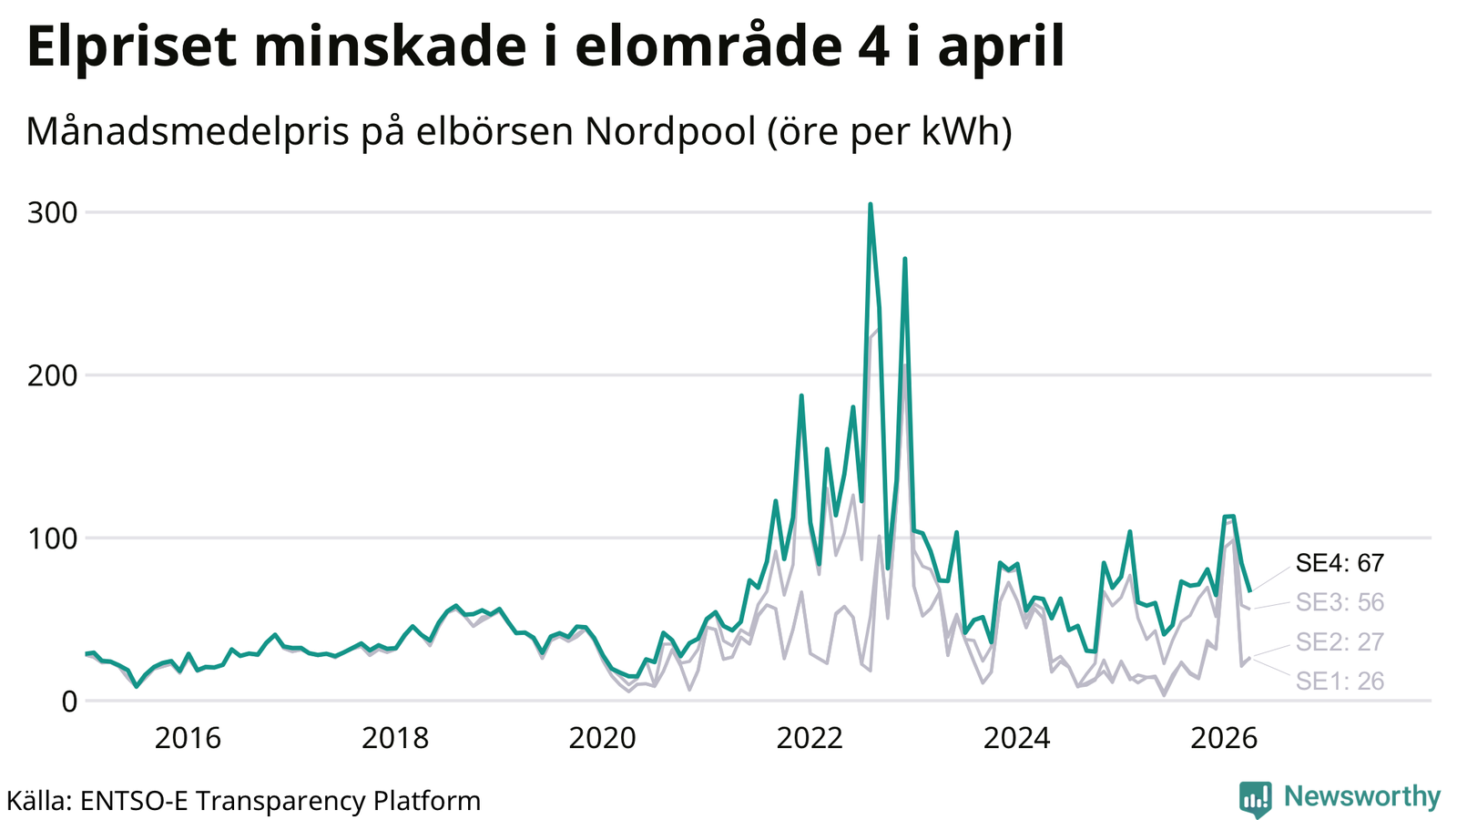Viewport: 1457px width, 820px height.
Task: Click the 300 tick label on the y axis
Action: click(x=52, y=213)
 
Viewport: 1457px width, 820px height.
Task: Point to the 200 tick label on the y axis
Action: click(x=52, y=375)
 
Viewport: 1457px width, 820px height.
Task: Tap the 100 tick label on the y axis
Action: click(x=52, y=538)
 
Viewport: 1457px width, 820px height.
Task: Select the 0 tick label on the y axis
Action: click(x=69, y=702)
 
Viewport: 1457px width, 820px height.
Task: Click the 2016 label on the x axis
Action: click(x=188, y=739)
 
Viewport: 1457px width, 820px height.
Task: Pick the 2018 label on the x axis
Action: click(x=395, y=739)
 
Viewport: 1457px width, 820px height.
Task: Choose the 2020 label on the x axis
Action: click(x=602, y=739)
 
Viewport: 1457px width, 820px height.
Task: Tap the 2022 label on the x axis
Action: click(x=810, y=739)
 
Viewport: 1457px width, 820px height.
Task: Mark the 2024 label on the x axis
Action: click(x=1016, y=739)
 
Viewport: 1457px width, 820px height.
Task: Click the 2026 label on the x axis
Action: click(x=1224, y=739)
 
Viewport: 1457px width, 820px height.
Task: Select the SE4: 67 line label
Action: click(x=1340, y=563)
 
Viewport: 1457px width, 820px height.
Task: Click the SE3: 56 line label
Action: click(x=1340, y=602)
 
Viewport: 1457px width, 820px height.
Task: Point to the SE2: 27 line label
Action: click(x=1340, y=642)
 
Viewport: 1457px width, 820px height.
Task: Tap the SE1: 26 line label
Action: click(x=1340, y=682)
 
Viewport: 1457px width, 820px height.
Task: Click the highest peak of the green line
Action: click(x=871, y=204)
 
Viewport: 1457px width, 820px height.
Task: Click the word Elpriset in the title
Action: click(x=131, y=46)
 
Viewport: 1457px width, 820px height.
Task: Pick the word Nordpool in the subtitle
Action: click(x=670, y=131)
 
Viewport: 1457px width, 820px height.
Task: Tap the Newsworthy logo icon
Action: click(x=1256, y=799)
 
